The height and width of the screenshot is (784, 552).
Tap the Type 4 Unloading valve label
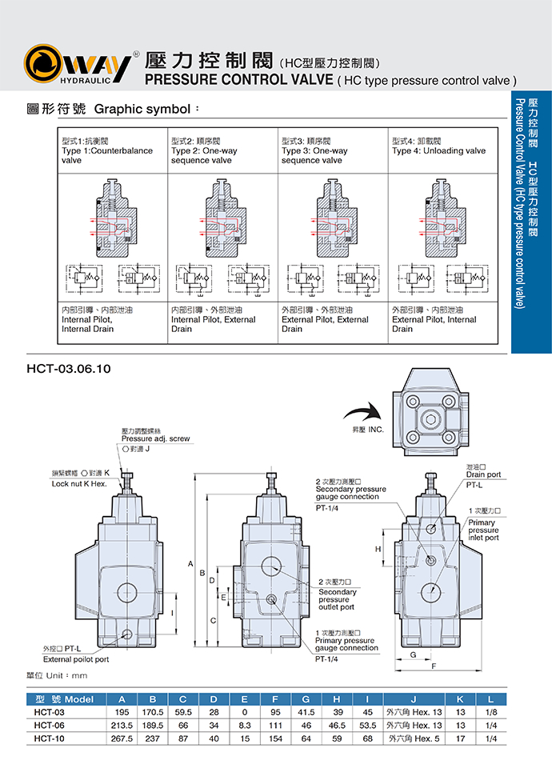click(438, 150)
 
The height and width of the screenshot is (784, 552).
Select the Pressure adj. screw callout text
click(155, 439)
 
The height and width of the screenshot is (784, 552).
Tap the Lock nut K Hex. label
click(79, 484)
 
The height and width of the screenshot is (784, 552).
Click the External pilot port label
click(76, 659)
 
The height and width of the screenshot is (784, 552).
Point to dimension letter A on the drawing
click(190, 565)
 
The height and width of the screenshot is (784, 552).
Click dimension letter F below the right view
click(433, 666)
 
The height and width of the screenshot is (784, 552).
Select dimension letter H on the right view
click(378, 550)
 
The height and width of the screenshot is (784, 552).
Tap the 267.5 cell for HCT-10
click(122, 738)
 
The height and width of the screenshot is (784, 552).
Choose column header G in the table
click(306, 698)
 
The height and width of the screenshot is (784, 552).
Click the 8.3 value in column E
click(245, 725)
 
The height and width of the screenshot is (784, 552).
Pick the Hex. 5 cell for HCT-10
click(414, 738)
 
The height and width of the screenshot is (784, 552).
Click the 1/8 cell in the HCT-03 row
click(490, 712)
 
